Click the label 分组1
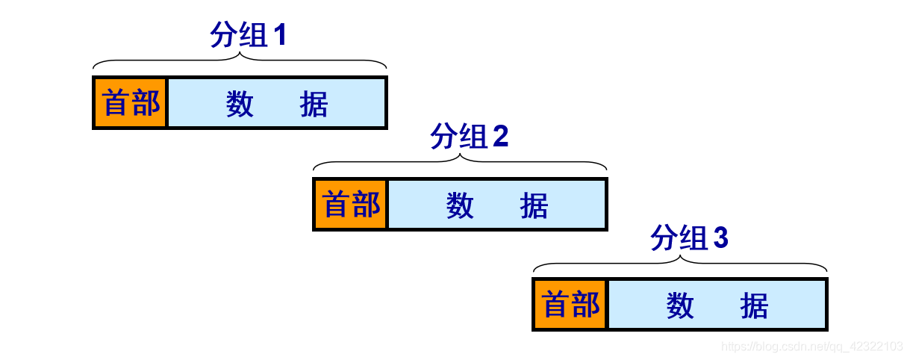coord(248,35)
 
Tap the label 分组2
coord(469,137)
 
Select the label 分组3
coord(688,238)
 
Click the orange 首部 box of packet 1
coord(131,103)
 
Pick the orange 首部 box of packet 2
coord(351,204)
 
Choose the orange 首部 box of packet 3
coord(571,305)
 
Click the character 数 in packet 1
coord(240,105)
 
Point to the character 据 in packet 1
coord(314,105)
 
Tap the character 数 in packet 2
coord(461,205)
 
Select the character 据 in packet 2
coord(535,205)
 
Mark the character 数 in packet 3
coord(681,306)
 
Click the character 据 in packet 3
coord(755,306)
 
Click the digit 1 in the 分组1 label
coord(280,35)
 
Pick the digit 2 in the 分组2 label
coord(501,137)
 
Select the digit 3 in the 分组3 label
coord(720,238)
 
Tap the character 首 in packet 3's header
coord(556,305)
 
